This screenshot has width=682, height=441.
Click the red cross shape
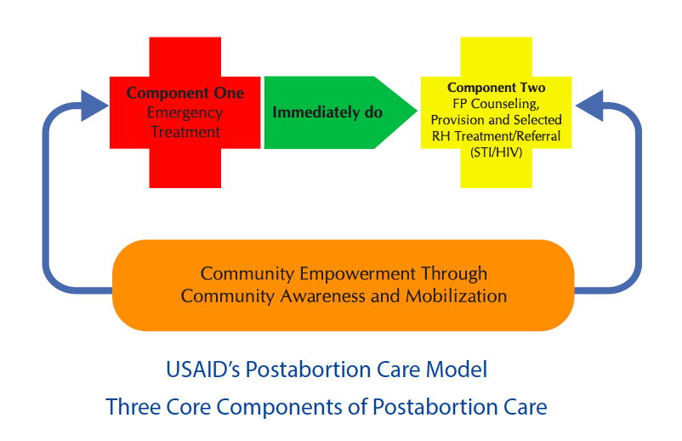coord(185,112)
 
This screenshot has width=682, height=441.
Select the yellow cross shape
coord(497,112)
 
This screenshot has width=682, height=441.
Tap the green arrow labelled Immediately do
coord(340,112)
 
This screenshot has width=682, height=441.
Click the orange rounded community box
coord(344,285)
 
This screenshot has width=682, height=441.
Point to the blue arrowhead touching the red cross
coord(94,106)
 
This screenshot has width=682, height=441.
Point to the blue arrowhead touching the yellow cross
coord(589,106)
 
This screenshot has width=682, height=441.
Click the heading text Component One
coord(185,93)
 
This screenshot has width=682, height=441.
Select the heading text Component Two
coord(497,88)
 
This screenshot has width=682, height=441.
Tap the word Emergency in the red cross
coord(185,113)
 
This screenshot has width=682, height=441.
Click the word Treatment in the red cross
coord(185,132)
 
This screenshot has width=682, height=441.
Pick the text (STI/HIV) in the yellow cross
coord(497,152)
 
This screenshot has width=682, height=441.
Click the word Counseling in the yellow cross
coord(505,104)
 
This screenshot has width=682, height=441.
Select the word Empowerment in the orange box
coord(357,274)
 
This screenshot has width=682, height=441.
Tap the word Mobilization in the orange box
coord(457,296)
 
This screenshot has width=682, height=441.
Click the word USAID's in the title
coord(203,369)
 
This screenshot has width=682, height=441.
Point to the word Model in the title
coord(457,369)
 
